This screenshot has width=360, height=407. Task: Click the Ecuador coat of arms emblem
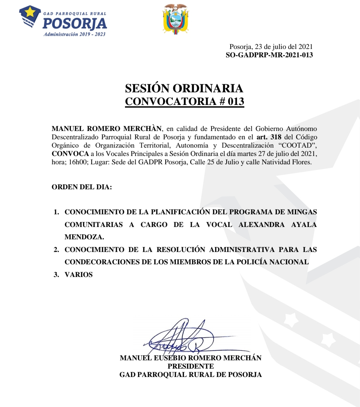click(176, 19)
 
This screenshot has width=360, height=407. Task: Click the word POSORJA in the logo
click(75, 24)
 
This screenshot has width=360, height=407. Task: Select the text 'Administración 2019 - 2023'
click(74, 34)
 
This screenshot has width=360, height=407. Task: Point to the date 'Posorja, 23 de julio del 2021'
click(271, 47)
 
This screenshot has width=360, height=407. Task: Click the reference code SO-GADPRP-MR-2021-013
click(269, 55)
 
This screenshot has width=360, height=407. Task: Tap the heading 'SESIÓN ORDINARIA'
click(184, 88)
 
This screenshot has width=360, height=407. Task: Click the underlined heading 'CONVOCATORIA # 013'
click(184, 101)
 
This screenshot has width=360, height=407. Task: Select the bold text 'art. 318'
click(269, 137)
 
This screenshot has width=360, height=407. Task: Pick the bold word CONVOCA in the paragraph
click(70, 154)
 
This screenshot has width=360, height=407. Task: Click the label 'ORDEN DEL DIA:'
click(82, 187)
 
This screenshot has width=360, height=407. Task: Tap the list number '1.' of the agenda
click(56, 212)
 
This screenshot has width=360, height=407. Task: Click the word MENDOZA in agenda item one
click(84, 237)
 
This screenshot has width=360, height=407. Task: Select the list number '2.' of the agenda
click(56, 250)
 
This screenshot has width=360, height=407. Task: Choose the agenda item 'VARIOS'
click(79, 275)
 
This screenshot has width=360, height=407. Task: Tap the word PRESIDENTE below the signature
click(191, 366)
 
